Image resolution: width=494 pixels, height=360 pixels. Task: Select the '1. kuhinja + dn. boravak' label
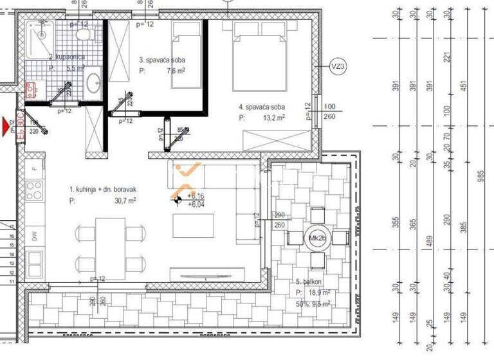tap(104, 190)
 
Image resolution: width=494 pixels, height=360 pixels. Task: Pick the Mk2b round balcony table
tap(317, 238)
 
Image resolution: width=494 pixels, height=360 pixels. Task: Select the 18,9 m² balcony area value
tap(322, 292)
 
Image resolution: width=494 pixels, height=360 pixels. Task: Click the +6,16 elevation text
tap(196, 195)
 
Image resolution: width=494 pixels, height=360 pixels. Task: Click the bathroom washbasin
tap(94, 82)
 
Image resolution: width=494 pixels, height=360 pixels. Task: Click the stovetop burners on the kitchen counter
tap(34, 190)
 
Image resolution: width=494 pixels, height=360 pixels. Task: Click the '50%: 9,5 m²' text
tap(313, 304)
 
